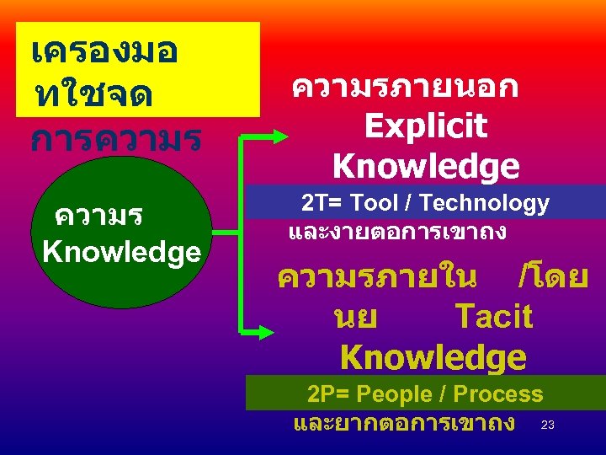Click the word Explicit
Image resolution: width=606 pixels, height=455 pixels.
coord(426,126)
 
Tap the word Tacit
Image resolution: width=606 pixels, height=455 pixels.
coord(493,317)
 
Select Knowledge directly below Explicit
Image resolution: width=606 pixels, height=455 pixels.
coord(426,165)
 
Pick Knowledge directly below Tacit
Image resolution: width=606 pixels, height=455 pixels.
coord(433,357)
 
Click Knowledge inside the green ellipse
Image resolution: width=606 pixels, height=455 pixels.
coord(121,251)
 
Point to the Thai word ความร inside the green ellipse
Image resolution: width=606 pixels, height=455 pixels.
coord(98,217)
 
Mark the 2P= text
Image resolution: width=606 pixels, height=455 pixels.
coord(325,393)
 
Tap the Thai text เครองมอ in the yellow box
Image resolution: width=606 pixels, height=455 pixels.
coord(103,52)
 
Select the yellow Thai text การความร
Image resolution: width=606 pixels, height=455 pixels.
coord(115,138)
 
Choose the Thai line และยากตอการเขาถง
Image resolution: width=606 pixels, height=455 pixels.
coord(404,421)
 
